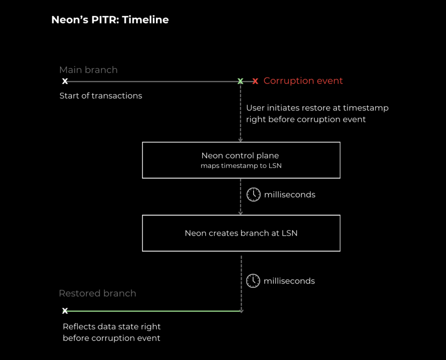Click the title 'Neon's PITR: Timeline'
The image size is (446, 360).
click(x=110, y=20)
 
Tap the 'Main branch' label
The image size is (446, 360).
click(x=88, y=70)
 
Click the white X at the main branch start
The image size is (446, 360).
click(x=65, y=81)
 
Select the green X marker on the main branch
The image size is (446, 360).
click(x=240, y=81)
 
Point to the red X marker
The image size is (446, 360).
click(x=255, y=81)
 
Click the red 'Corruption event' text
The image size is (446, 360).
click(x=303, y=81)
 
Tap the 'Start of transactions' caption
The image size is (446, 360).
click(x=101, y=95)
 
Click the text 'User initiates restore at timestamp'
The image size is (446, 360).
click(x=318, y=108)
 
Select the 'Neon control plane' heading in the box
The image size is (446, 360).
click(x=240, y=156)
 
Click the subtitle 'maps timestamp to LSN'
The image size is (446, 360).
click(x=241, y=166)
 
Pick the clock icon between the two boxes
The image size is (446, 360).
click(x=253, y=195)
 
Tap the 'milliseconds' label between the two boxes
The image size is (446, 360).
click(x=290, y=195)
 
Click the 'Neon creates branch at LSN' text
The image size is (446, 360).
click(x=241, y=233)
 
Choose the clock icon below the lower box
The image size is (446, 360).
click(x=253, y=281)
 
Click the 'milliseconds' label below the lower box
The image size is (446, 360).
click(x=289, y=281)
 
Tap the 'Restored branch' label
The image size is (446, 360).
click(x=98, y=293)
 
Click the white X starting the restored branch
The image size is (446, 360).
click(x=65, y=310)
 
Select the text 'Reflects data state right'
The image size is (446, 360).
click(x=112, y=326)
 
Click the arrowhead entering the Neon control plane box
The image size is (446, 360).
click(x=240, y=140)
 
